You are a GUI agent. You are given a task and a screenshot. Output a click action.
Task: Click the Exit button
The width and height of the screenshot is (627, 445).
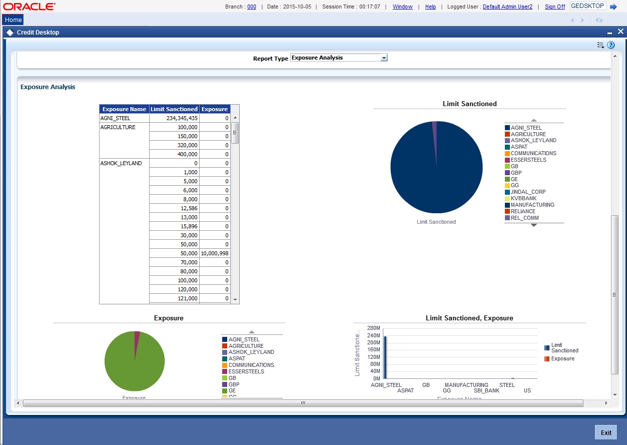[x=605, y=432]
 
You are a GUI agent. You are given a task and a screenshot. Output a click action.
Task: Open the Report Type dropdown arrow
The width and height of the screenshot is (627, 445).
[x=384, y=58]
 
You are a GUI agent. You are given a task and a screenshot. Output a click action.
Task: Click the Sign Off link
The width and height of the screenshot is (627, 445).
[x=555, y=7]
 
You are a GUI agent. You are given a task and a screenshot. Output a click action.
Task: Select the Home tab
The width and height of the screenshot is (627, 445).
[x=14, y=20]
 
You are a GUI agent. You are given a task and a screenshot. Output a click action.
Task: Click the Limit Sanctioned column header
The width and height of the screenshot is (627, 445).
[x=174, y=109]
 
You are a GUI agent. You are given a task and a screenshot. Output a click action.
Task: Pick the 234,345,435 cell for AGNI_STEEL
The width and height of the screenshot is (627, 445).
[x=174, y=118]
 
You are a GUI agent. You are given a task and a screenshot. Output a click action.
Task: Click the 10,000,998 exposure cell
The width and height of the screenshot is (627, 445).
[x=215, y=253]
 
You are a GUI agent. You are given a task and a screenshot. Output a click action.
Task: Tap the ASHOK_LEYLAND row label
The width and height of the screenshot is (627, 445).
[x=121, y=163]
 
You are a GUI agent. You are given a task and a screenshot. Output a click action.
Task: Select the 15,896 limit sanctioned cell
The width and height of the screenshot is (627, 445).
[x=174, y=226]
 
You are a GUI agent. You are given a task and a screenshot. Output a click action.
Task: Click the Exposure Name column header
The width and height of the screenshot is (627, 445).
[x=124, y=109]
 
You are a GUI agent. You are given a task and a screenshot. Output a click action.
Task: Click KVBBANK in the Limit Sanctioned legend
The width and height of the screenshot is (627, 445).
[x=523, y=198]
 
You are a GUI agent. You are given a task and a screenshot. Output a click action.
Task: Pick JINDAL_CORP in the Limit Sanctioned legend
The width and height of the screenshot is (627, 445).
[x=528, y=192]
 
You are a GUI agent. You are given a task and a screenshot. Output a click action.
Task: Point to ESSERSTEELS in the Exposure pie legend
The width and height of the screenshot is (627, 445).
[x=246, y=371]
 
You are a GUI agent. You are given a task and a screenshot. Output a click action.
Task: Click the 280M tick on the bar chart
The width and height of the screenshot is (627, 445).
[x=374, y=328]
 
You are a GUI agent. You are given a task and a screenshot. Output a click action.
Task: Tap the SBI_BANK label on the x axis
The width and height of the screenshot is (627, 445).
[x=486, y=390]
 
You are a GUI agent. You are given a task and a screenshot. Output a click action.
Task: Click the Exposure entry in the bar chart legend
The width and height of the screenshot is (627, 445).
[x=562, y=358]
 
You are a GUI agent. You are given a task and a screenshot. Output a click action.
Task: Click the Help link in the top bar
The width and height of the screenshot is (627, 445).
[x=430, y=7]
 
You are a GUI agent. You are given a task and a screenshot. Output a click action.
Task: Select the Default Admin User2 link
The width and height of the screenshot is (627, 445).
[x=507, y=7]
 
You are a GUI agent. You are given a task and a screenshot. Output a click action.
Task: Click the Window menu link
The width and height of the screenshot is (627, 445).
[x=402, y=7]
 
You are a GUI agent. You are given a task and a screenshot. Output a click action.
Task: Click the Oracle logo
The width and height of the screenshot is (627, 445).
[x=30, y=7]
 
